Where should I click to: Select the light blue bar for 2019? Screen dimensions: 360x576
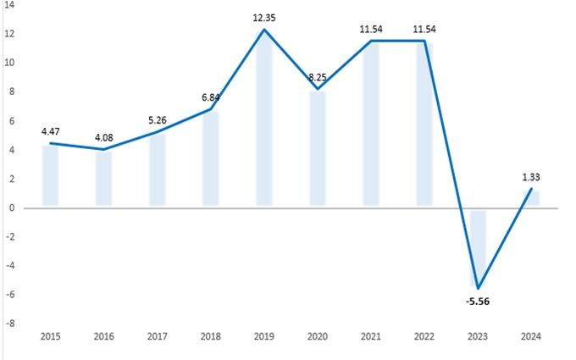coord(264,119)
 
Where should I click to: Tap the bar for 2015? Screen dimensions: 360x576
coord(51,175)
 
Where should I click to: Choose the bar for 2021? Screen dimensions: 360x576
coord(371,124)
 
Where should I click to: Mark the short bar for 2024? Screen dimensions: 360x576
coord(531,198)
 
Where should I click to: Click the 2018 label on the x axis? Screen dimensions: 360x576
coord(211,337)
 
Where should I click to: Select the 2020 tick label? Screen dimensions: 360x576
coord(318,337)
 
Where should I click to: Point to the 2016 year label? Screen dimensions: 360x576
coord(104,337)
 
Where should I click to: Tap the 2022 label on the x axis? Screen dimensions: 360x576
coord(424,337)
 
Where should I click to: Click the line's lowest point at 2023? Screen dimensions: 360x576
coord(478,288)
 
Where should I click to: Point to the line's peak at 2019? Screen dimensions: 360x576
coord(264,30)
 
